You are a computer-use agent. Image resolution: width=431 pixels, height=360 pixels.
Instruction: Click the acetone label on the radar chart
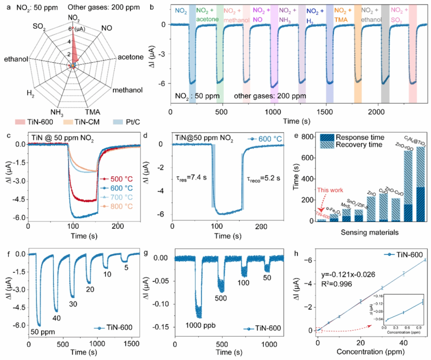point(130,57)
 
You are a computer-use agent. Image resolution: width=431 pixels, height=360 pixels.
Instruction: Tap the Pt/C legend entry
point(131,122)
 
